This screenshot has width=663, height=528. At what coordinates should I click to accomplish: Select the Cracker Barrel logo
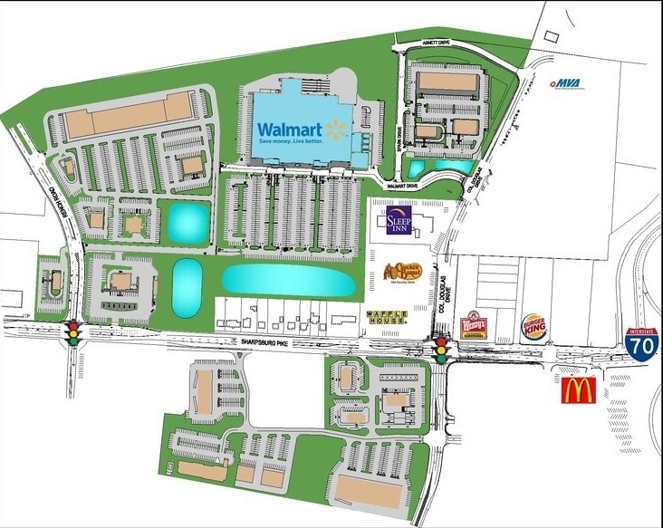[399, 271]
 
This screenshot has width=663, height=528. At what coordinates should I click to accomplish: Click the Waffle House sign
[387, 318]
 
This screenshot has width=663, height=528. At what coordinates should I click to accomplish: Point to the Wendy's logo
[474, 325]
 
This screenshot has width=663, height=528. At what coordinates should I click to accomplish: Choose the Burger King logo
[533, 328]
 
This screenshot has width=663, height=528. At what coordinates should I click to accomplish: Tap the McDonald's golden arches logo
[578, 390]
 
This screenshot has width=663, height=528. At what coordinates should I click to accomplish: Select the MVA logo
[567, 83]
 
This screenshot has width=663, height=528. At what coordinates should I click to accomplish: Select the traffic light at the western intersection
[72, 333]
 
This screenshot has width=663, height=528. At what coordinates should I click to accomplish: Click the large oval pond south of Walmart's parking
[287, 280]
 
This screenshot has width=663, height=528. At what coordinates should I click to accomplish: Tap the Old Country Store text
[399, 283]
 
